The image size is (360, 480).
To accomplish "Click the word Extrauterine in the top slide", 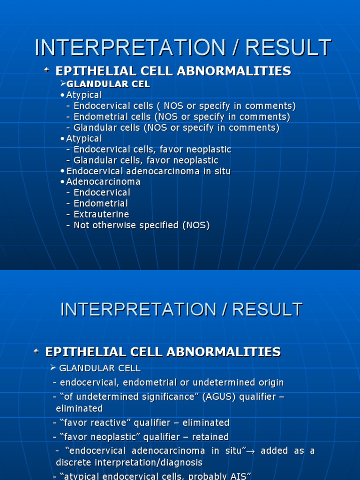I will click(101, 214).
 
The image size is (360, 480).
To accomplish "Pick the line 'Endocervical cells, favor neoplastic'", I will click(152, 150).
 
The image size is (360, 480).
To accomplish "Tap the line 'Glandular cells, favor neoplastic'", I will click(146, 160).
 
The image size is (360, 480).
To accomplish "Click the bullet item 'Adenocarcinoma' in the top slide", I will click(103, 181).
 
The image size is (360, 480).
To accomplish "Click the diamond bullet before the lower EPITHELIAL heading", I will click(36, 351).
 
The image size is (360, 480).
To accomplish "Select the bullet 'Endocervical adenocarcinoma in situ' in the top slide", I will click(149, 171).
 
